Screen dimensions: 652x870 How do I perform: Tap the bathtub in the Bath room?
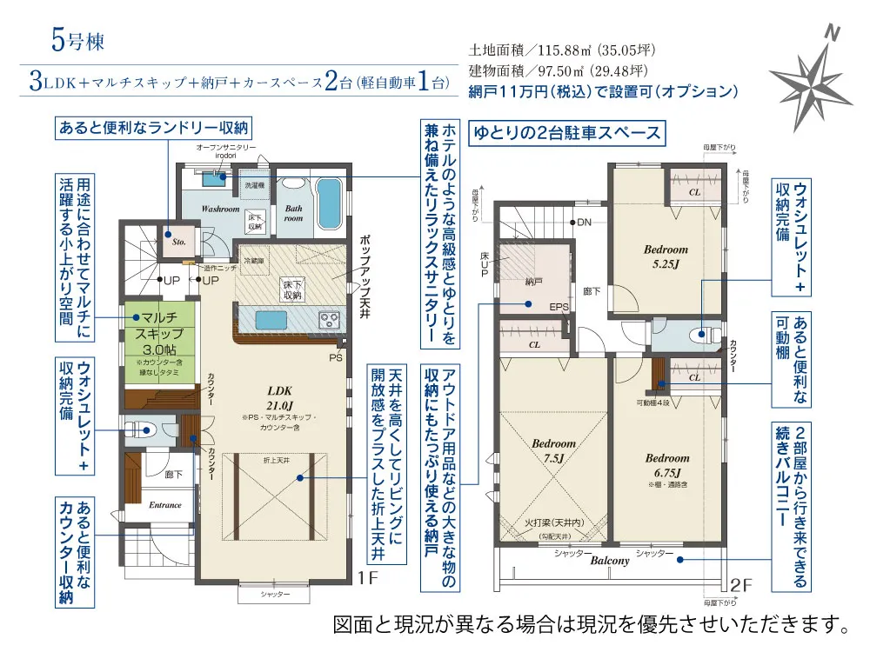[x=329, y=199]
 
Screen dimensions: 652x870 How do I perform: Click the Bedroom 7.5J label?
[x=554, y=450]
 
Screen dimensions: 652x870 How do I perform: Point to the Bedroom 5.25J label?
[x=665, y=255]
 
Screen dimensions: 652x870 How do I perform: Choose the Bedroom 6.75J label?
[x=667, y=464]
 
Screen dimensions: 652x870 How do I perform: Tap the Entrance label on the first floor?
[x=165, y=505]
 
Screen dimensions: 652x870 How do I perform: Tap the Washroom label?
[x=220, y=210]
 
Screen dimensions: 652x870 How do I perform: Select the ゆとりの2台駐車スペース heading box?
[x=566, y=133]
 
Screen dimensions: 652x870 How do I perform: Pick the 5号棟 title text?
[x=77, y=40]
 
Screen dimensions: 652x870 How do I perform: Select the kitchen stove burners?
[x=330, y=320]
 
